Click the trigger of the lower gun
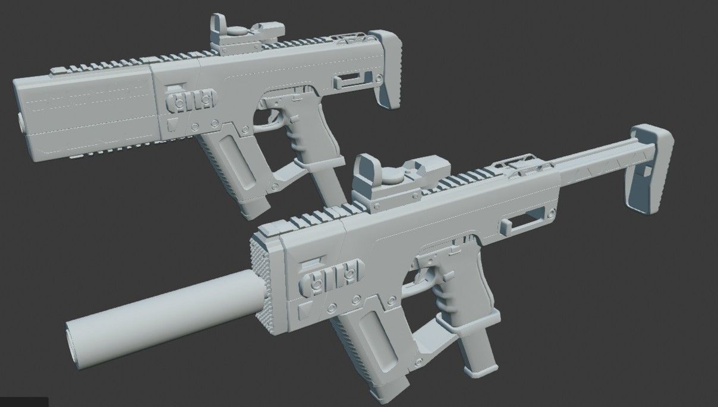[429, 275]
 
